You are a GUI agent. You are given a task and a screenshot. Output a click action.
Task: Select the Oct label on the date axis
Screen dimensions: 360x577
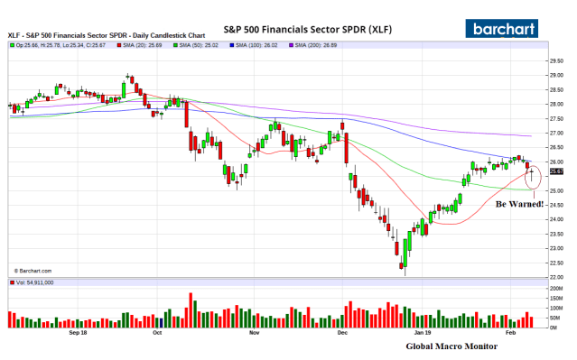tap(157, 332)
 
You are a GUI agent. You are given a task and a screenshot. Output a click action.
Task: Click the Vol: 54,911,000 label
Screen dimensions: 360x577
tap(34, 282)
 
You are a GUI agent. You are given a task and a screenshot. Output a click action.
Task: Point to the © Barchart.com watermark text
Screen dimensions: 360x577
tap(33, 270)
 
